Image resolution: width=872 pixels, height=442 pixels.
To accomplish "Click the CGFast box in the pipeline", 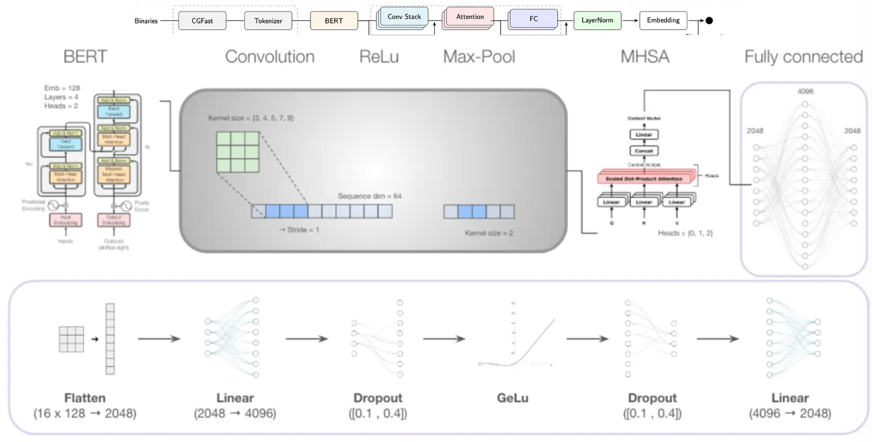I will (202, 21).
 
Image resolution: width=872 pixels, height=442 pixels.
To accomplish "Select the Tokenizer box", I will (268, 21).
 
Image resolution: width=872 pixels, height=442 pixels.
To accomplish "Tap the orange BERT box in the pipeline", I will (334, 21).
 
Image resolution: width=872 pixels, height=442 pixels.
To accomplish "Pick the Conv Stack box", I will (404, 17).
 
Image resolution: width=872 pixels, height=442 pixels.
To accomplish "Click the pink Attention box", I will (470, 17).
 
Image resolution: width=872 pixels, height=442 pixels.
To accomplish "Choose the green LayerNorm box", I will (597, 20).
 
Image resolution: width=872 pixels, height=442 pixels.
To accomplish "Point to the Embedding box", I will (663, 20).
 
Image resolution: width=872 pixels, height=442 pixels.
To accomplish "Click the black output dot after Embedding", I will (709, 20).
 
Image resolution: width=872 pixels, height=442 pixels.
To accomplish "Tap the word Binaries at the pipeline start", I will (146, 21).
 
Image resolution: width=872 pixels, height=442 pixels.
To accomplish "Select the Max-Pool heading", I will (479, 57).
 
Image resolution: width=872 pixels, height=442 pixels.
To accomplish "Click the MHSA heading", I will (644, 57).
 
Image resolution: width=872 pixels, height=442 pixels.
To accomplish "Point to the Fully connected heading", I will (803, 57).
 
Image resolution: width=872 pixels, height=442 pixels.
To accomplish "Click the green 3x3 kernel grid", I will (238, 152).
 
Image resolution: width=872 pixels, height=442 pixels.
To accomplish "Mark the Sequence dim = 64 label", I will (369, 196).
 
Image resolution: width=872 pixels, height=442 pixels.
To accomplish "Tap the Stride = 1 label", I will (299, 230).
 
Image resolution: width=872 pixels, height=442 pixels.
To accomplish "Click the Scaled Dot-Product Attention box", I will (644, 179).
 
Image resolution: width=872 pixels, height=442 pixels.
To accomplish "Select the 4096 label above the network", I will (805, 92).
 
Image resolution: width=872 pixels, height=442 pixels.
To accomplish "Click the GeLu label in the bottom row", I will (512, 398).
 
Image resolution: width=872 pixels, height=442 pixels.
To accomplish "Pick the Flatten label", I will (85, 398).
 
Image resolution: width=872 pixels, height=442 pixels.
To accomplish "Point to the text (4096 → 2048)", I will (790, 413).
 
